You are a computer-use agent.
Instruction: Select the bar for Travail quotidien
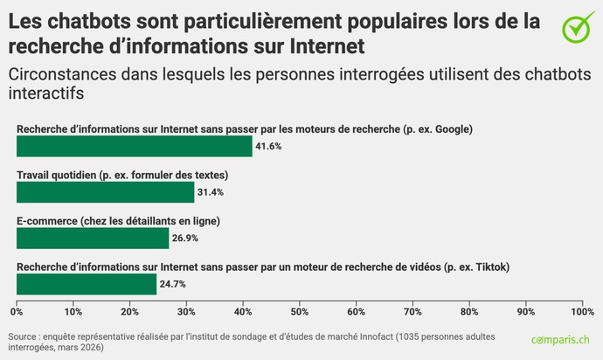point(105,192)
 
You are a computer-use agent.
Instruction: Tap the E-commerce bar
point(93,238)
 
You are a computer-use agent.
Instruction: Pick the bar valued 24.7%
point(87,284)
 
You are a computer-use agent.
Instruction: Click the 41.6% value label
point(268,146)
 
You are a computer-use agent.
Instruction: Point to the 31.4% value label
point(211,192)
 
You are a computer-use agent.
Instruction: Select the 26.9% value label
point(185,238)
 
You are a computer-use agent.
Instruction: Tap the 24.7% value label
point(172,284)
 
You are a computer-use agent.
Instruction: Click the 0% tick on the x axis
point(17,311)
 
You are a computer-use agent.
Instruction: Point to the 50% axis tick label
point(299,311)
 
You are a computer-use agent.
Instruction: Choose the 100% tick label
point(580,311)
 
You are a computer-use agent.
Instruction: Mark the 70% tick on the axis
point(412,311)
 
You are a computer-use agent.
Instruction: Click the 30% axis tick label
point(186,311)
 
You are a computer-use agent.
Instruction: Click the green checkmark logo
point(577,26)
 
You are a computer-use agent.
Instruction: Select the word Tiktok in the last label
point(489,267)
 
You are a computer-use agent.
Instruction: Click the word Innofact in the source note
point(378,336)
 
